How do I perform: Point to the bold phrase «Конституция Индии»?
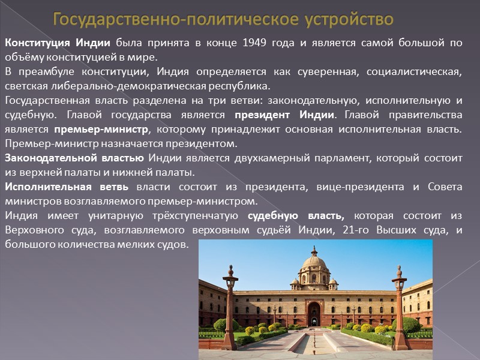tap(58, 43)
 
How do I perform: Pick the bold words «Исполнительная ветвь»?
tap(67, 187)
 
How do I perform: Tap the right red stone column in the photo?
tap(399, 306)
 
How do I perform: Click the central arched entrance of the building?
tap(314, 314)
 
